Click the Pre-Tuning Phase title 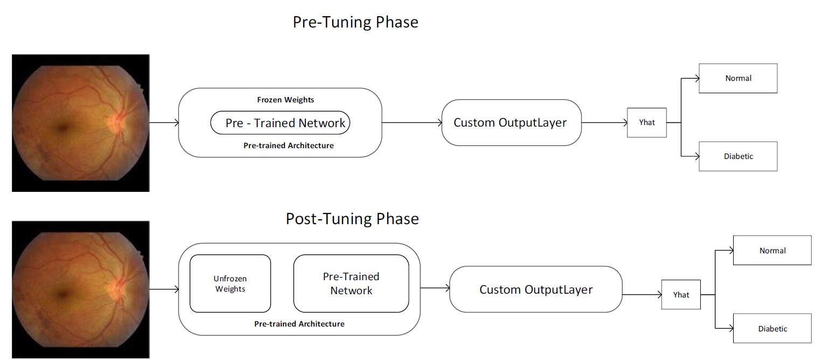click(355, 23)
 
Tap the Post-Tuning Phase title click(352, 219)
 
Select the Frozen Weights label click(285, 100)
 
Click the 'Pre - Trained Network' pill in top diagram click(280, 122)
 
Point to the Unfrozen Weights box click(230, 283)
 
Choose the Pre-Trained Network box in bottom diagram click(351, 283)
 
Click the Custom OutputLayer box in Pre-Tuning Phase click(512, 122)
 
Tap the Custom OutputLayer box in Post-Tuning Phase click(536, 289)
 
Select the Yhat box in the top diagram click(646, 122)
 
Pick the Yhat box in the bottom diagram click(681, 295)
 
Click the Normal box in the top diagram click(738, 78)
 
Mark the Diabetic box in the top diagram click(738, 156)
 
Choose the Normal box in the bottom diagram click(772, 250)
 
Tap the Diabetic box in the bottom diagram click(772, 328)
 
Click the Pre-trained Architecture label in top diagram click(288, 146)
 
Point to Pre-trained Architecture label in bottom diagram click(299, 324)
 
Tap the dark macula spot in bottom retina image click(63, 294)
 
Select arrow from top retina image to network click(164, 122)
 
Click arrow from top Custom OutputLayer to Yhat click(604, 122)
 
